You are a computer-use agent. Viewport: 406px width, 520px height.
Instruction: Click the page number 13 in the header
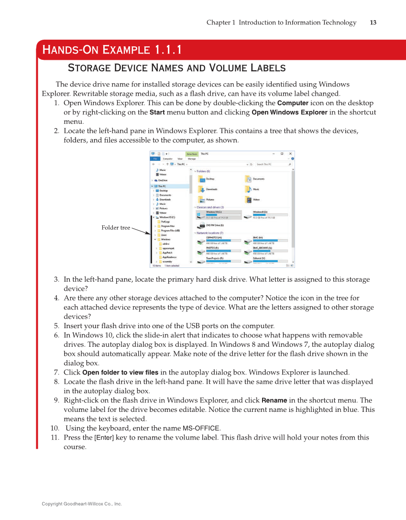pos(373,22)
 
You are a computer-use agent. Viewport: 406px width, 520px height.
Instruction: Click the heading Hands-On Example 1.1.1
pos(112,50)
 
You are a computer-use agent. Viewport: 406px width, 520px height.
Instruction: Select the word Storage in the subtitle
pos(90,67)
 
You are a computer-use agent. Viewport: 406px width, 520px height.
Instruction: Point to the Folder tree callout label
pos(116,228)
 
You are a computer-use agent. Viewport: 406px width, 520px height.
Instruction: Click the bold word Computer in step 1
pos(293,103)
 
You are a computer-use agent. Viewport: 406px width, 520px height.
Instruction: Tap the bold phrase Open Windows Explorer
pos(289,112)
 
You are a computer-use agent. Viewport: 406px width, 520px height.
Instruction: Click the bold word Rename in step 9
pos(274,400)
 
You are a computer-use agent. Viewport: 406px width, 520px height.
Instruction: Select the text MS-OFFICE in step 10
pos(201,428)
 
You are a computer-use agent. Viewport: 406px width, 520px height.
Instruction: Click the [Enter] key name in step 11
pos(104,437)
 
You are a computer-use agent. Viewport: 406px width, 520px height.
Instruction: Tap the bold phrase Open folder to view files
pos(120,372)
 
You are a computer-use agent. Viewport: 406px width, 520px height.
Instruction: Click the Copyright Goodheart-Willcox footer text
pos(82,504)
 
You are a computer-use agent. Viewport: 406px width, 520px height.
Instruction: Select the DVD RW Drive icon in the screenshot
pos(201,225)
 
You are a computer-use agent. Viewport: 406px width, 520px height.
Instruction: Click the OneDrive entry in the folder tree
pos(163,180)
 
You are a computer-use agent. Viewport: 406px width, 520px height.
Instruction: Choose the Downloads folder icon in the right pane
pos(201,189)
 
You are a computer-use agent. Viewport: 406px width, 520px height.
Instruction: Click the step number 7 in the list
pos(56,372)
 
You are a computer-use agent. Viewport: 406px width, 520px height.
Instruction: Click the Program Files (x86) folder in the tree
pos(170,230)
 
